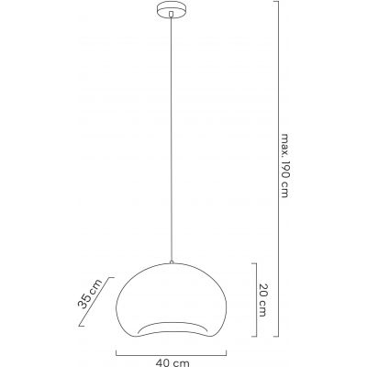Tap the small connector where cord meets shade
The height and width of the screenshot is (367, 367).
click(x=171, y=259)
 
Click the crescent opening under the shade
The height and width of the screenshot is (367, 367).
click(x=171, y=328)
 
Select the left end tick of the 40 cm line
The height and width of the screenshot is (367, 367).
click(x=117, y=351)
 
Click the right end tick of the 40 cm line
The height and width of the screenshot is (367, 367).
click(x=226, y=351)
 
